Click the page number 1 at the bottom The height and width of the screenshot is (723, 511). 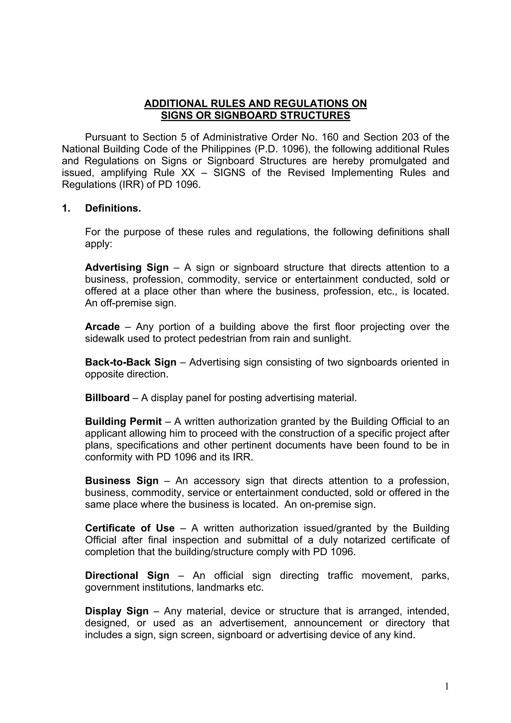(446, 686)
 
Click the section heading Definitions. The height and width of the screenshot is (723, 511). (113, 209)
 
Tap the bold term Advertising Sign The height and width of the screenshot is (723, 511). (127, 268)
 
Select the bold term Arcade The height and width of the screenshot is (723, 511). (102, 327)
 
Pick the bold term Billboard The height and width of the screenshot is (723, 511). (107, 398)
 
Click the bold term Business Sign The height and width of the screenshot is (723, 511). (122, 481)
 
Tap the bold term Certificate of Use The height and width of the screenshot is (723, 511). (130, 528)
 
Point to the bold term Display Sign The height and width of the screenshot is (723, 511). (117, 611)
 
